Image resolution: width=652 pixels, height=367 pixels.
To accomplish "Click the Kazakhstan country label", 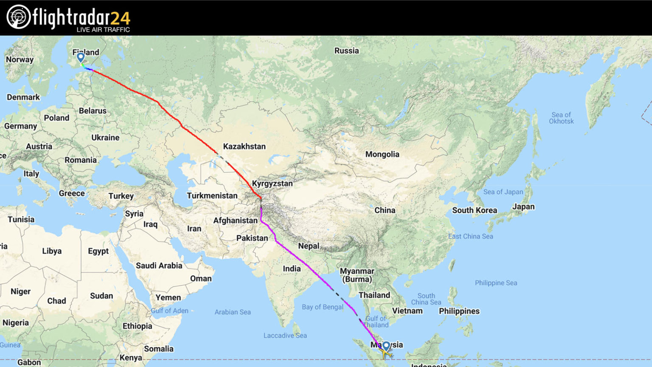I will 244,146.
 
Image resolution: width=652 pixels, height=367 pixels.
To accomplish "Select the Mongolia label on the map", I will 382,154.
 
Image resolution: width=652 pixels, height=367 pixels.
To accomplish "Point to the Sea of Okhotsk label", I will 561,118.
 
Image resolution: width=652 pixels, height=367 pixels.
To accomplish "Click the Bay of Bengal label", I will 322,307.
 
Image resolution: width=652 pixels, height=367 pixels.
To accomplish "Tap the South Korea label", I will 474,210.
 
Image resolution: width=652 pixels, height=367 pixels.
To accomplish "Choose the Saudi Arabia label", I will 159,265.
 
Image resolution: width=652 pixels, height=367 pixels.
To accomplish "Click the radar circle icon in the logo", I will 19,17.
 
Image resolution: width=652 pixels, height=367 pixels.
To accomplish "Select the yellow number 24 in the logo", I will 120,18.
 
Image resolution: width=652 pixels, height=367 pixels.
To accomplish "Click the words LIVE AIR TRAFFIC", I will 103,30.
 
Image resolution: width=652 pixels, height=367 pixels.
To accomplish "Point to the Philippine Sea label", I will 496,283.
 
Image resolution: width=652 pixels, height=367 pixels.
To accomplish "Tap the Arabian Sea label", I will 232,312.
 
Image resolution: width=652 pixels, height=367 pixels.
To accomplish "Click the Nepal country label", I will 309,246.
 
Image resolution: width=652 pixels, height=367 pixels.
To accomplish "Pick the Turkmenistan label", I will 212,195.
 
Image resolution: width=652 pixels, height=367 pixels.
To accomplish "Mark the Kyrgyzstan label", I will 272,183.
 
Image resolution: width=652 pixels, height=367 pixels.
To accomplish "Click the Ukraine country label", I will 105,138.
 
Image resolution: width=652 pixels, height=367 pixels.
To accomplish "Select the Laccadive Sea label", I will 285,336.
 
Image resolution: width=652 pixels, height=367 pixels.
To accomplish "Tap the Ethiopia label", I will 137,326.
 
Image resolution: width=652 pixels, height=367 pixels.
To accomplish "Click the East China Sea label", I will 470,236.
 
